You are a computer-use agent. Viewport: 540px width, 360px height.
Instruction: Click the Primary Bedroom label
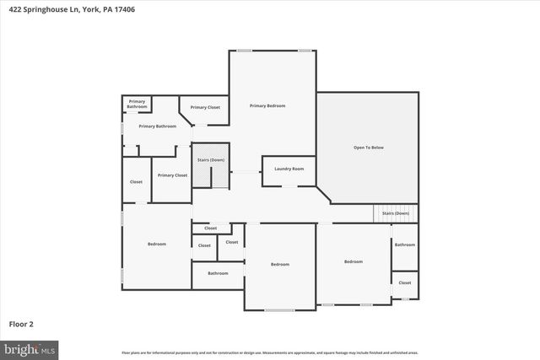267,105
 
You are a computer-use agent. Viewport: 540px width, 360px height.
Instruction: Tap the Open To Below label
368,148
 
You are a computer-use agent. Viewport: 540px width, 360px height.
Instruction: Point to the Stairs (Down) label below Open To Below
395,213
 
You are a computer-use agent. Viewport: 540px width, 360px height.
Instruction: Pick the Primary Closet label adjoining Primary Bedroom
205,107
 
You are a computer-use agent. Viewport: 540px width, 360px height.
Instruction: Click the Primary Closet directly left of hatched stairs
172,175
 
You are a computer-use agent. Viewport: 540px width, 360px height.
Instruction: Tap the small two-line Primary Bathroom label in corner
137,105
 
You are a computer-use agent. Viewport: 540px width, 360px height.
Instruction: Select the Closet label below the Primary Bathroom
136,181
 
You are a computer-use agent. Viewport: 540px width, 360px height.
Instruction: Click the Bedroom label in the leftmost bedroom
157,244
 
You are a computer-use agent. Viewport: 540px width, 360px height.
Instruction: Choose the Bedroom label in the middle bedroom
280,265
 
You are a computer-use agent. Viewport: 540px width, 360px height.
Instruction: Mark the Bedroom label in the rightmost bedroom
353,261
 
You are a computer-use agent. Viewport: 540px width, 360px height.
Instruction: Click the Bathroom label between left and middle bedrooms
218,273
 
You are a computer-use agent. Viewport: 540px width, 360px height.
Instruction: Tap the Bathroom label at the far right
405,244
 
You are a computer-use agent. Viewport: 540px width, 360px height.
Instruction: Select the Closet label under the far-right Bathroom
405,282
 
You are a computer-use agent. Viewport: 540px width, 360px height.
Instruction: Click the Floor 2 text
21,323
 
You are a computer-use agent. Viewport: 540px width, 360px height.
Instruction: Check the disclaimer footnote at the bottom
269,352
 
